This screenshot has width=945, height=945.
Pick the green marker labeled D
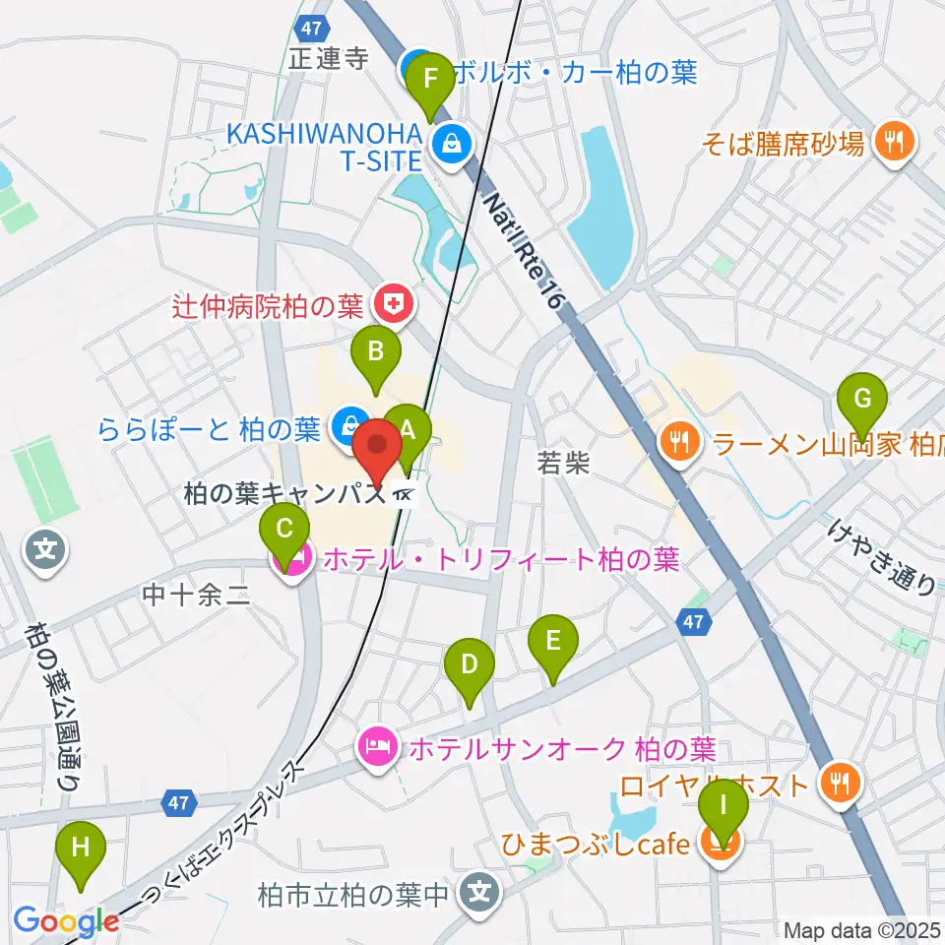[470, 663]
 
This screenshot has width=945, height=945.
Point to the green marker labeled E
[553, 642]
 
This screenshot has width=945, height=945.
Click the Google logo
[65, 921]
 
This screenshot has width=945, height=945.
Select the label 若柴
[563, 463]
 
